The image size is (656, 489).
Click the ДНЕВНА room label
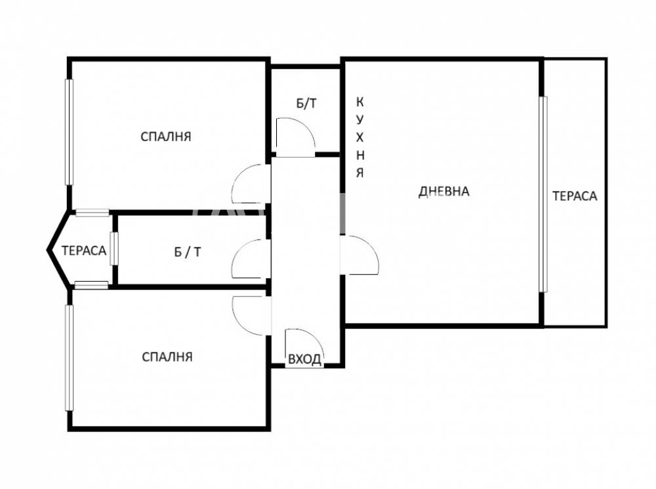(444, 191)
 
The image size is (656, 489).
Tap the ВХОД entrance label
(305, 359)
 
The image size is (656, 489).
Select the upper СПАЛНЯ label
(166, 137)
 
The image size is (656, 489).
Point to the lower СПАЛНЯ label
(167, 356)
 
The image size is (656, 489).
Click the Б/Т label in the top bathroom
(306, 104)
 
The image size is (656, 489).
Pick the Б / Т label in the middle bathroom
(188, 252)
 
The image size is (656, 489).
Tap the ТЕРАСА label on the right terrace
(575, 196)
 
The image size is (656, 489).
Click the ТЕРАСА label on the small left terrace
(84, 250)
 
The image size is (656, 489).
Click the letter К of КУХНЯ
(359, 102)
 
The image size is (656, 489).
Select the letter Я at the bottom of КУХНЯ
(359, 173)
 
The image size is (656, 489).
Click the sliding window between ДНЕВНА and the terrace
(543, 194)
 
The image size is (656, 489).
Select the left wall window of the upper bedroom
(69, 132)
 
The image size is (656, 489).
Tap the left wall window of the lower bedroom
(69, 358)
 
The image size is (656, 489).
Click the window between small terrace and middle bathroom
(113, 249)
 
